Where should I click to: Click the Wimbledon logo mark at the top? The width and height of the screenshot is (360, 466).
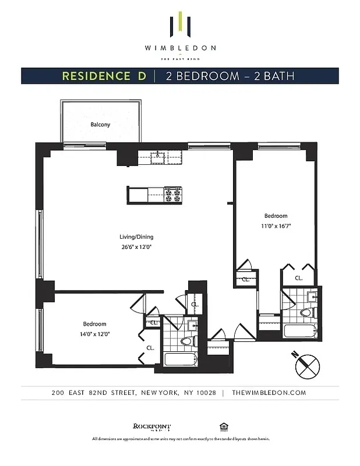click(x=180, y=24)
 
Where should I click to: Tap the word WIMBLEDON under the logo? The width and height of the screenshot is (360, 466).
click(x=180, y=48)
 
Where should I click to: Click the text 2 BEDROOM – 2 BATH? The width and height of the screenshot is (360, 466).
click(x=230, y=76)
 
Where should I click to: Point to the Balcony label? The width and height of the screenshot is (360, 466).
click(x=100, y=125)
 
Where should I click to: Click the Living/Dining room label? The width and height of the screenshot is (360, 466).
click(x=136, y=237)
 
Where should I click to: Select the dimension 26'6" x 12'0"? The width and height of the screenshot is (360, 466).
click(x=136, y=246)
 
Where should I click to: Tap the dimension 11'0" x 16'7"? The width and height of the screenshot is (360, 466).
click(x=276, y=225)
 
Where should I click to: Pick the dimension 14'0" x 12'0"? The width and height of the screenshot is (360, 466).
click(x=94, y=334)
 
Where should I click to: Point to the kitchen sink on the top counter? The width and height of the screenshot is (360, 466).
click(x=158, y=156)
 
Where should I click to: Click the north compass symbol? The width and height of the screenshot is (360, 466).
click(x=306, y=365)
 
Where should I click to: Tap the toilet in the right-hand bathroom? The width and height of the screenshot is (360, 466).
click(x=306, y=313)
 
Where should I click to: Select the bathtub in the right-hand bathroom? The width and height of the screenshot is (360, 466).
click(x=299, y=331)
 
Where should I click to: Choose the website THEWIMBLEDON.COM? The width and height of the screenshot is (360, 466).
click(x=268, y=393)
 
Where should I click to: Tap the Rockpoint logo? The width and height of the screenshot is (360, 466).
click(x=147, y=426)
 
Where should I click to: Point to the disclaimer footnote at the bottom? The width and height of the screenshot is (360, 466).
click(x=180, y=439)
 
